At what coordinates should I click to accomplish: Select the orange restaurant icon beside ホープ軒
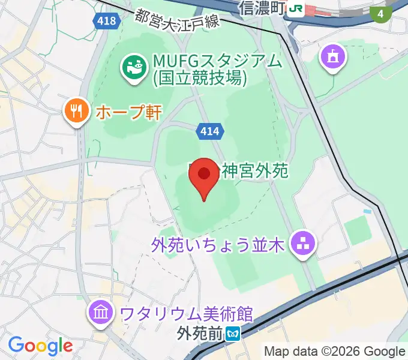[76, 111]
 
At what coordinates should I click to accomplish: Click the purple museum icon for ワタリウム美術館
[100, 313]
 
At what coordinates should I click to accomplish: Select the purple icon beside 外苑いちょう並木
[301, 244]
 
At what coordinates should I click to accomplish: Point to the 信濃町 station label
[260, 8]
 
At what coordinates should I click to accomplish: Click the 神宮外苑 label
[255, 171]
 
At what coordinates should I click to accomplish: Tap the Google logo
[40, 345]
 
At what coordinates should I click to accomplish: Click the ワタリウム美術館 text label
[186, 313]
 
